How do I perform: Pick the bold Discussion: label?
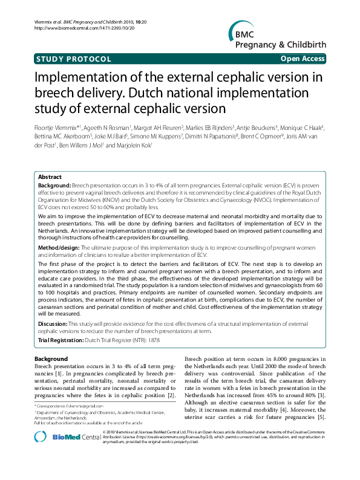click(53, 325)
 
